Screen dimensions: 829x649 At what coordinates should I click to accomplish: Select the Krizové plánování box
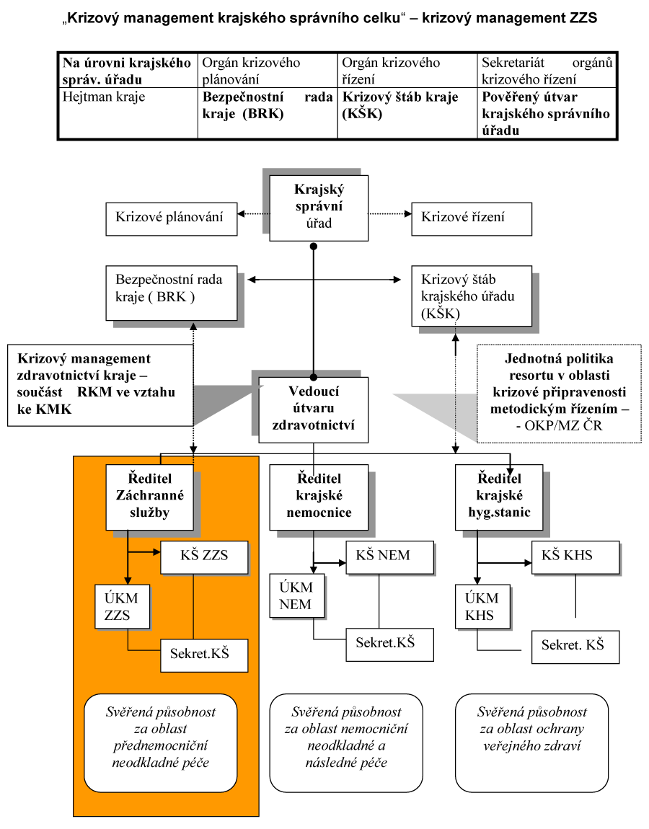click(x=171, y=216)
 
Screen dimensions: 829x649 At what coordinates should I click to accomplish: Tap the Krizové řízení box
click(x=472, y=216)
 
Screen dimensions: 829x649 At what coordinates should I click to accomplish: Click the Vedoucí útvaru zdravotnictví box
click(x=313, y=409)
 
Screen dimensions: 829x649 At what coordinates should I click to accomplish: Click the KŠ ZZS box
click(x=204, y=557)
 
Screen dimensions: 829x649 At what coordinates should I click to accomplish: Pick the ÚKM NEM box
click(x=296, y=596)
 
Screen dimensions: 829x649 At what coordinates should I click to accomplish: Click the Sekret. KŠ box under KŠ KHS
click(x=575, y=647)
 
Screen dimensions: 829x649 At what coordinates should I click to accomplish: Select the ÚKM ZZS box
click(x=122, y=607)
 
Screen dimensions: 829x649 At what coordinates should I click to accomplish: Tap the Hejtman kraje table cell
click(x=127, y=112)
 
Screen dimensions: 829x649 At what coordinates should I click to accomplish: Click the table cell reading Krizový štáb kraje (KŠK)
click(x=407, y=112)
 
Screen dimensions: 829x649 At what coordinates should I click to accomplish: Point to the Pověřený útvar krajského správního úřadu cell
click(x=547, y=112)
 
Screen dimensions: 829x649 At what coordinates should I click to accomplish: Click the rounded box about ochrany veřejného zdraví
click(x=531, y=742)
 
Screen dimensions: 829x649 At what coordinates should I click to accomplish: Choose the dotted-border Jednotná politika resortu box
click(x=559, y=392)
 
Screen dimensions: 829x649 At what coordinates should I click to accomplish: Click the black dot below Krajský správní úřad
click(x=314, y=247)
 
